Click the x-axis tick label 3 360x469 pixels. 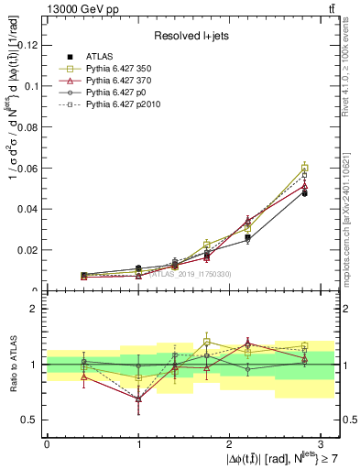[x=322, y=444]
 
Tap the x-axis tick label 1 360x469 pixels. [x=138, y=444]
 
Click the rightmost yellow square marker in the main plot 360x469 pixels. [x=304, y=168]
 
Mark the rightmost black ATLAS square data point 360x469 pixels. [x=304, y=193]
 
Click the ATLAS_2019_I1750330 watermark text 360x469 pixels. [x=184, y=274]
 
